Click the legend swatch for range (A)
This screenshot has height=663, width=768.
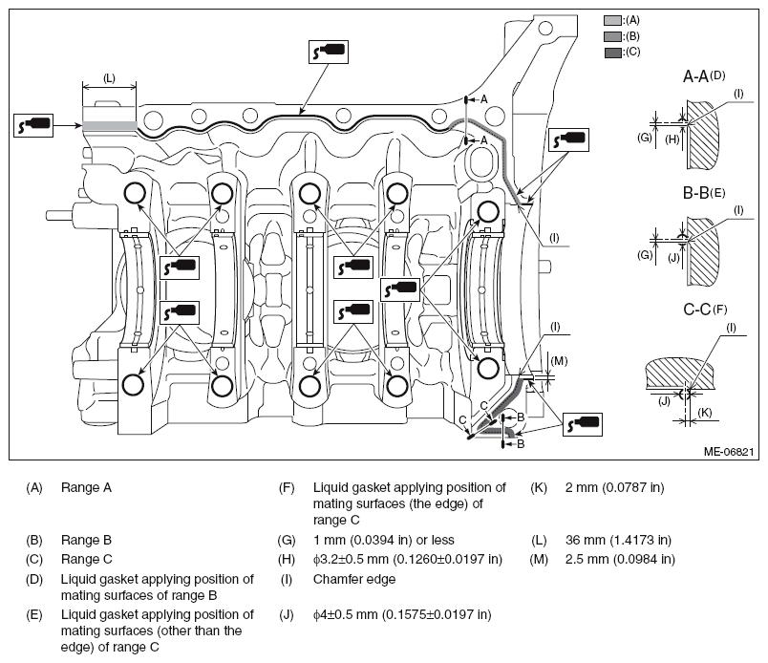pyautogui.click(x=612, y=20)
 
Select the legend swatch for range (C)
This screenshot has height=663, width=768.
pyautogui.click(x=612, y=52)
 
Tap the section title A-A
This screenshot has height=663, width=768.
pyautogui.click(x=696, y=77)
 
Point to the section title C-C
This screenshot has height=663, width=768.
pyautogui.click(x=697, y=310)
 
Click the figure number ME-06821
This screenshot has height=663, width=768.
pyautogui.click(x=728, y=451)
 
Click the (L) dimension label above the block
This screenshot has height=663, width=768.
pyautogui.click(x=109, y=78)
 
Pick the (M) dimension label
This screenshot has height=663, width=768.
pyautogui.click(x=559, y=361)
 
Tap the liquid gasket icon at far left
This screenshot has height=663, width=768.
pyautogui.click(x=33, y=125)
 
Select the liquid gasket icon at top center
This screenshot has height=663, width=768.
pyautogui.click(x=329, y=52)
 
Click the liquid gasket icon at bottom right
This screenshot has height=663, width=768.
pyautogui.click(x=583, y=424)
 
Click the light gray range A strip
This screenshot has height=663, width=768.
pyautogui.click(x=109, y=125)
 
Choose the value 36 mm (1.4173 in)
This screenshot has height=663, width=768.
pyautogui.click(x=618, y=540)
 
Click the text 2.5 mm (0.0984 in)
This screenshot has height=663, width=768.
pyautogui.click(x=620, y=559)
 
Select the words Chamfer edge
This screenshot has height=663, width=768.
pyautogui.click(x=354, y=579)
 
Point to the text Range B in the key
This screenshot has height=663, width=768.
pyautogui.click(x=86, y=540)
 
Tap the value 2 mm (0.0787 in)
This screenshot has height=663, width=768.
pyautogui.click(x=615, y=487)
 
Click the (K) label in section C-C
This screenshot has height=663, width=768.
pyautogui.click(x=704, y=412)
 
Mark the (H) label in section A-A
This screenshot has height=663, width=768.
pyautogui.click(x=672, y=139)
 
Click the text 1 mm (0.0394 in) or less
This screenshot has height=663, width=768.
pyautogui.click(x=383, y=540)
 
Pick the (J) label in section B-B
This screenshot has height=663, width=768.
pyautogui.click(x=674, y=257)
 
